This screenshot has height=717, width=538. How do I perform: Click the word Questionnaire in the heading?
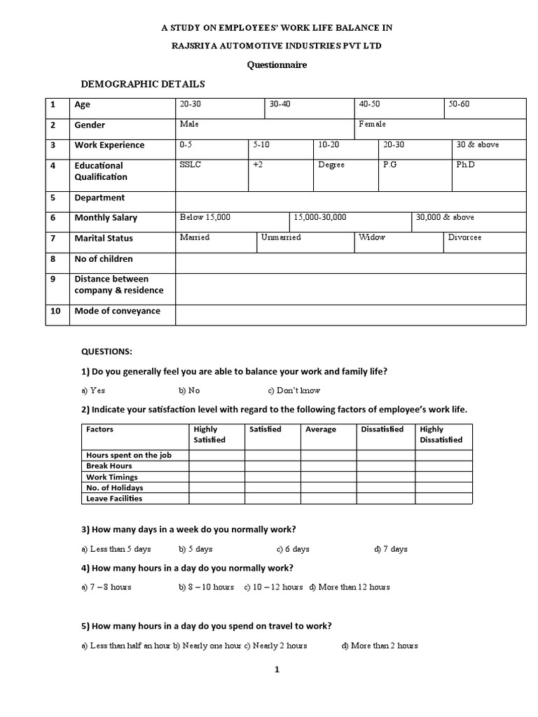click(x=277, y=65)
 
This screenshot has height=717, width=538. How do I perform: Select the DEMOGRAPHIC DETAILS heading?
click(x=143, y=84)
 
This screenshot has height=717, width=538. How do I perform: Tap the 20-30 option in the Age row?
click(x=191, y=104)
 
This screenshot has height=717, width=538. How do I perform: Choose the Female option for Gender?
click(x=372, y=124)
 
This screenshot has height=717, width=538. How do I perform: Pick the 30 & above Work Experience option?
click(x=477, y=145)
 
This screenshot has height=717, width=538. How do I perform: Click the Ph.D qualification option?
click(x=465, y=165)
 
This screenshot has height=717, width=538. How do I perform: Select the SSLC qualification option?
click(x=191, y=165)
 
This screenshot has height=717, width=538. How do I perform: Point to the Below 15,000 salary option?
click(x=205, y=217)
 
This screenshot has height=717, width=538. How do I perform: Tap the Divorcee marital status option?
click(x=464, y=237)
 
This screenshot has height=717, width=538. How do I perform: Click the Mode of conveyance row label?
click(x=117, y=311)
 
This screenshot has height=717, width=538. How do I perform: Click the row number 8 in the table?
click(x=53, y=259)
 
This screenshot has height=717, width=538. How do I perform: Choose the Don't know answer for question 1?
click(x=294, y=391)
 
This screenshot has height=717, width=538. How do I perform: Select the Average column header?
click(x=321, y=429)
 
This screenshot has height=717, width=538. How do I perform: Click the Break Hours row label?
click(x=109, y=466)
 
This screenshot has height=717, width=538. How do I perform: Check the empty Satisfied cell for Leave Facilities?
click(x=273, y=499)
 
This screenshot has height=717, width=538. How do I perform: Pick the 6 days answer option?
click(x=293, y=549)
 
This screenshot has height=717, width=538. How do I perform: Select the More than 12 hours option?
click(x=350, y=587)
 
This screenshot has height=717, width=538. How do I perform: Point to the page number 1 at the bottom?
click(x=277, y=669)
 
